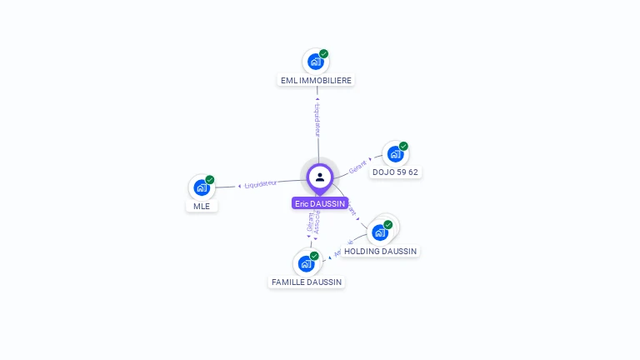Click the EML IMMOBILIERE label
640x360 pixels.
coord(316,81)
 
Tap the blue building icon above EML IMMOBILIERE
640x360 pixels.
coord(315,62)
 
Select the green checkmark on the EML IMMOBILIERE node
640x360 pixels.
coord(323,54)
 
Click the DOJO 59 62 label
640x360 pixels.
coord(395,172)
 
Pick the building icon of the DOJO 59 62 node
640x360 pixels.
coord(395,154)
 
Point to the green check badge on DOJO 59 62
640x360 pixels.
coord(403,147)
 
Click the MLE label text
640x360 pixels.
coord(202,206)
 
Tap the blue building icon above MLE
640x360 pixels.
coord(201,187)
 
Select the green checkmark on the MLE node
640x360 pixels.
coord(210,180)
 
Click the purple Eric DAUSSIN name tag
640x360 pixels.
coord(320,203)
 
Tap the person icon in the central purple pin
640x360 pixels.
coord(320,177)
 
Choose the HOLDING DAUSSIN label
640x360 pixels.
coord(381,251)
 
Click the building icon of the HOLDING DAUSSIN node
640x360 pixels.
coord(380,232)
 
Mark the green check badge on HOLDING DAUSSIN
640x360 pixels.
coord(388,225)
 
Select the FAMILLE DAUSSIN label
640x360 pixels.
coord(307,282)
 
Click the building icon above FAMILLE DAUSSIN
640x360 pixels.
coord(306,263)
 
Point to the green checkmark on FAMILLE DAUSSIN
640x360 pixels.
coord(314,256)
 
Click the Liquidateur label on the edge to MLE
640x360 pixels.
coord(261,183)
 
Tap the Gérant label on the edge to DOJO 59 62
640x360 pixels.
coord(358,166)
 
